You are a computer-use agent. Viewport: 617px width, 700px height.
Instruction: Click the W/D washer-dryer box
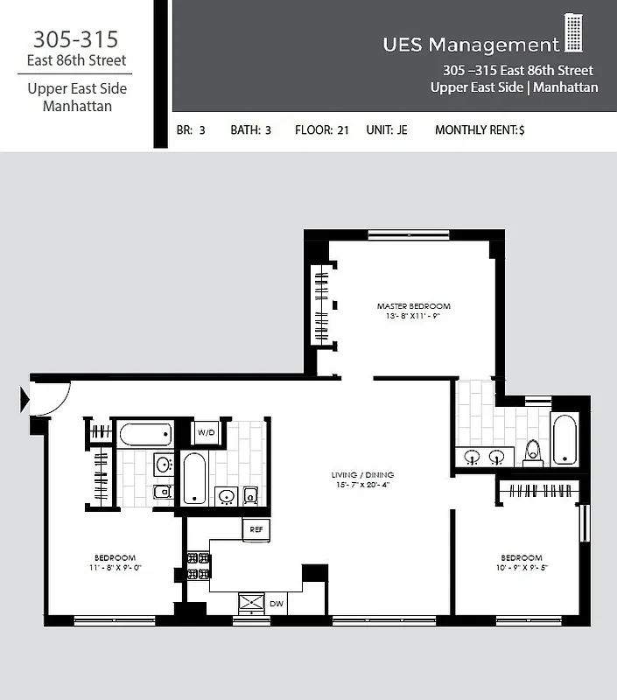pyautogui.click(x=206, y=432)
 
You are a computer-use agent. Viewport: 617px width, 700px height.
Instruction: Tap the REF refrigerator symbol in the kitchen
pyautogui.click(x=256, y=529)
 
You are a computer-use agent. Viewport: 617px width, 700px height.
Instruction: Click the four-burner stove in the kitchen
pyautogui.click(x=198, y=566)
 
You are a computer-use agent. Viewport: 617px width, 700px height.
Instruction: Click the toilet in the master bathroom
pyautogui.click(x=532, y=451)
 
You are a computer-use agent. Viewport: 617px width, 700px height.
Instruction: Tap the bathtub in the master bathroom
pyautogui.click(x=564, y=438)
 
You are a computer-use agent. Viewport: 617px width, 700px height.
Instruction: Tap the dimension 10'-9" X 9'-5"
pyautogui.click(x=521, y=568)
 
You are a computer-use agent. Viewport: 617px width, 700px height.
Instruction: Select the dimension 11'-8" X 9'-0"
pyautogui.click(x=115, y=568)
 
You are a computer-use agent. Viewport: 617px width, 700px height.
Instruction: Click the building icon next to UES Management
pyautogui.click(x=573, y=33)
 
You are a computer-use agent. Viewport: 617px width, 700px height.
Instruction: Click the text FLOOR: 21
pyautogui.click(x=321, y=130)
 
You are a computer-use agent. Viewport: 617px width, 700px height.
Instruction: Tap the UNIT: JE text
pyautogui.click(x=386, y=130)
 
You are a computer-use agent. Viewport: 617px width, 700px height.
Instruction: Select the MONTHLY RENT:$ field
pyautogui.click(x=480, y=130)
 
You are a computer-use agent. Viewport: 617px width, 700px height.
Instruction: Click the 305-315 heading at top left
pyautogui.click(x=75, y=39)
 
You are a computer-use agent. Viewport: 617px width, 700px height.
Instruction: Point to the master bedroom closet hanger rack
pyautogui.click(x=321, y=305)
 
